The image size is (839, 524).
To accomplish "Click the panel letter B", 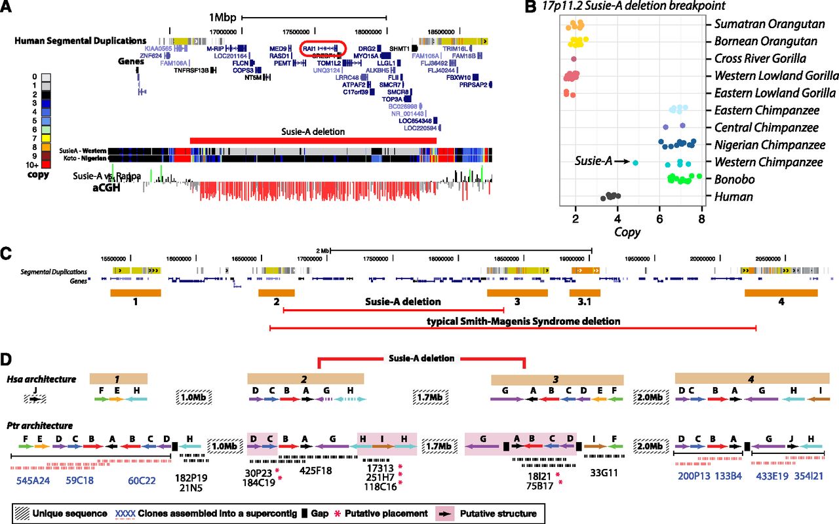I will tap(531, 7).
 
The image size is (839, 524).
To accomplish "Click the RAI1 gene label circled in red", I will tap(310, 48).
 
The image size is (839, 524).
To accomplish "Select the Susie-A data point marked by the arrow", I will tap(635, 162).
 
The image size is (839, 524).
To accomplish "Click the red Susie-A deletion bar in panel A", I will tap(313, 140).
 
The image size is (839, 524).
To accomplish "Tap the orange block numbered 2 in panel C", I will tap(277, 293).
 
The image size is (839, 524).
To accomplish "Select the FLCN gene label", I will tap(241, 63).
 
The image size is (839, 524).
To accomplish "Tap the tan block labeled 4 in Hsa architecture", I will tap(752, 379).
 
